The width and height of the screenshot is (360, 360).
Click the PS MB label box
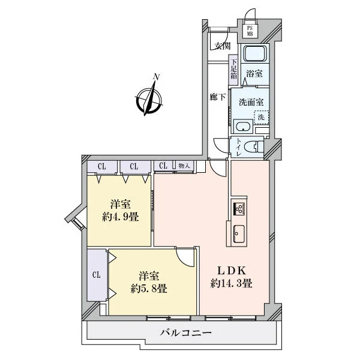(x=250, y=31)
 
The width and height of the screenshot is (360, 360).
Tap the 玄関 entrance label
(x=223, y=46)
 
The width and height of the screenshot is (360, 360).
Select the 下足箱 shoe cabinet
(x=234, y=70)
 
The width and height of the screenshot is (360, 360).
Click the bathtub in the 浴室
(x=255, y=53)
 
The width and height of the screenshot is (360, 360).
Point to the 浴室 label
(x=254, y=74)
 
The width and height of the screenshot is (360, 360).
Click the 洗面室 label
(x=251, y=102)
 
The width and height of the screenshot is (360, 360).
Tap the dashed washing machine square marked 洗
(x=261, y=118)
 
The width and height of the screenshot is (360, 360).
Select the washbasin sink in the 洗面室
(x=244, y=127)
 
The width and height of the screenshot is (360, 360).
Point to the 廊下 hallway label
(x=218, y=97)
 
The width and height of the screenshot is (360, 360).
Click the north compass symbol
(x=149, y=98)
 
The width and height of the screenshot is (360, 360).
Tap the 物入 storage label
(x=184, y=166)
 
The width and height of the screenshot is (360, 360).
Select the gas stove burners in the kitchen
(x=239, y=209)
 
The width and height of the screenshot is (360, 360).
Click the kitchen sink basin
(x=239, y=234)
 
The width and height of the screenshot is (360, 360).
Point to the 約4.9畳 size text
(x=121, y=217)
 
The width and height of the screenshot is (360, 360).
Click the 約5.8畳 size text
(x=149, y=289)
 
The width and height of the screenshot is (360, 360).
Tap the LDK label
(x=232, y=271)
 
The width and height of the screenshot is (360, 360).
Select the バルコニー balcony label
(x=186, y=332)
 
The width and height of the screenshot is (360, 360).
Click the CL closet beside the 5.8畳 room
(x=97, y=275)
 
